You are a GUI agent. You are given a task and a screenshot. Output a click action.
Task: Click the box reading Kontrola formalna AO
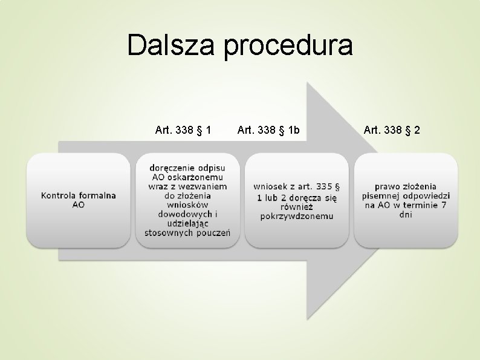[x=79, y=200]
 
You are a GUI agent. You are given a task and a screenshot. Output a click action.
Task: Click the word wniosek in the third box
[x=271, y=187]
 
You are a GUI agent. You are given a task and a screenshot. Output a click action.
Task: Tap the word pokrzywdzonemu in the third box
[x=297, y=216]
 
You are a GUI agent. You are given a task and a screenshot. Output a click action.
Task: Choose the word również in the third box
[x=297, y=206]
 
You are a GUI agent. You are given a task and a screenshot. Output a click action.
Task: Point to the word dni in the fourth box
[x=406, y=215]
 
